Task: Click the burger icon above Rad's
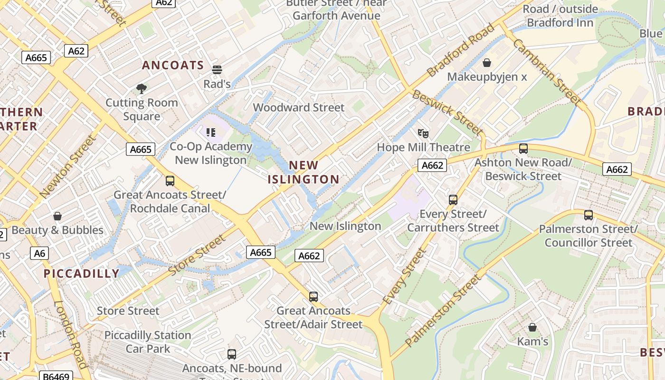217,70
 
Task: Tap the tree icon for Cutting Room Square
141,88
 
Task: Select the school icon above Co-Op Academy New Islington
211,132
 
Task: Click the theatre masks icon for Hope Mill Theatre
423,133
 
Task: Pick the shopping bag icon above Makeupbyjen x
487,63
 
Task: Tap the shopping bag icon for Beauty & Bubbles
57,216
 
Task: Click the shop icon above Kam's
532,327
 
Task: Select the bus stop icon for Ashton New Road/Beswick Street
523,149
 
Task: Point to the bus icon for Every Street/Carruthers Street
453,200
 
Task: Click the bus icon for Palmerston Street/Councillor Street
589,215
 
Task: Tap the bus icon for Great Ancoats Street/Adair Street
313,297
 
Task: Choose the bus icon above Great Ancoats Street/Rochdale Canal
170,181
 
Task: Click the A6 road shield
39,253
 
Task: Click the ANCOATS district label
173,66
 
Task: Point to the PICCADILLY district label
82,274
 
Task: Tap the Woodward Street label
299,107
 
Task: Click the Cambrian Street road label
546,71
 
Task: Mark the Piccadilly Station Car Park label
148,342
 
